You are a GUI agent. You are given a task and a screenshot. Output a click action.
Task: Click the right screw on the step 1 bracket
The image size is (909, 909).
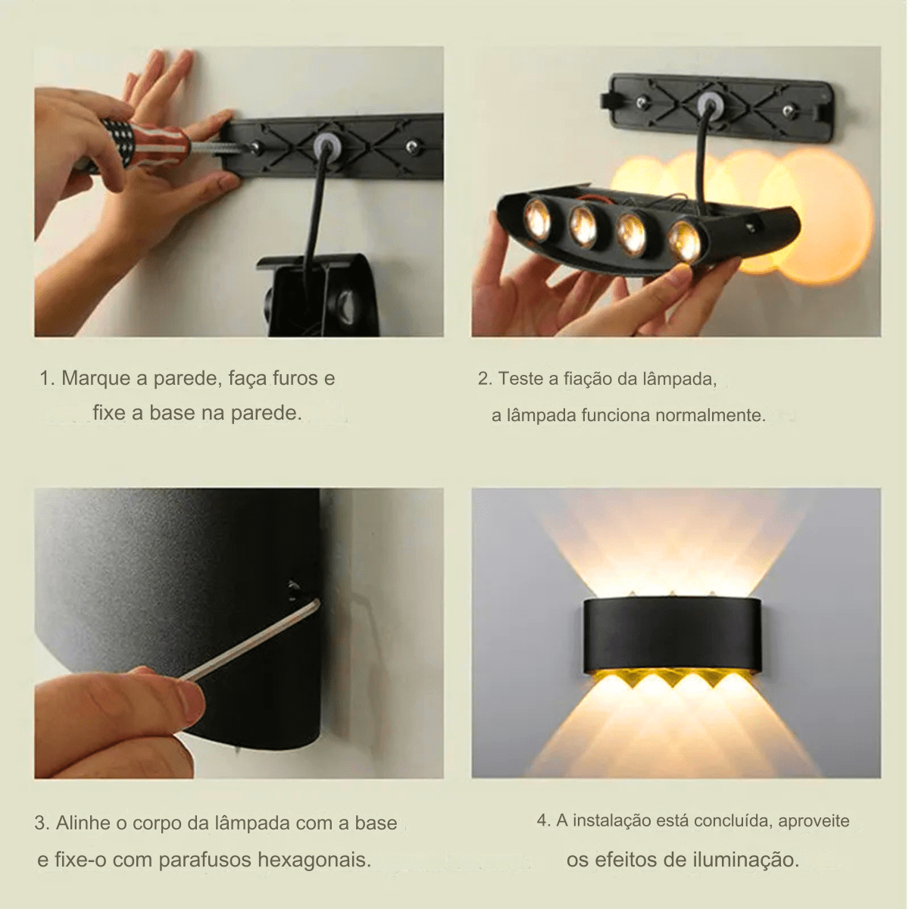pos(412,145)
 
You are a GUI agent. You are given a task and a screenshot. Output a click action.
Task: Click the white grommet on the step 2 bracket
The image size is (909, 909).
pos(710,103)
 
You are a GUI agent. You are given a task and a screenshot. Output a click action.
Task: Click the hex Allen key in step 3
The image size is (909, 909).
pos(250,641)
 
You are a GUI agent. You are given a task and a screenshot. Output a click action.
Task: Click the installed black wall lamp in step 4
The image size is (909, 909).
pos(672,635)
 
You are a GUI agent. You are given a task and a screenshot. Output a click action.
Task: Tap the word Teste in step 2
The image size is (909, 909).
pos(520,379)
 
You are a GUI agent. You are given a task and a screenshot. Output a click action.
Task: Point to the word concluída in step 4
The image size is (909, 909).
pos(733,820)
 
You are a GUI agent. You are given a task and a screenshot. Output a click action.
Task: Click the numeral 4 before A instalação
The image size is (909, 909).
pos(542,820)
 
